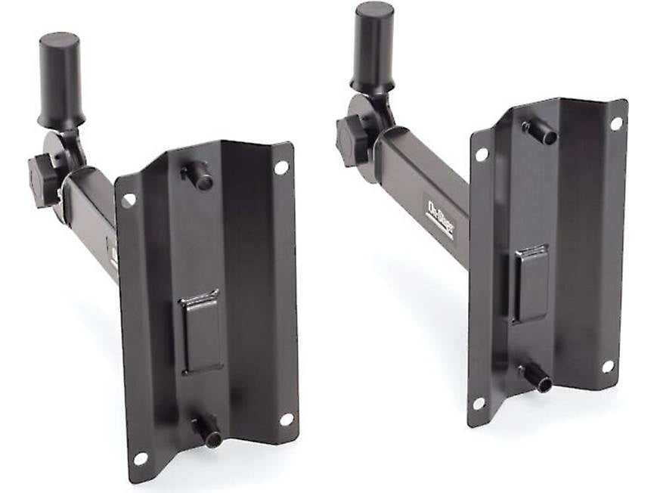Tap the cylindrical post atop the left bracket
(x=60, y=79)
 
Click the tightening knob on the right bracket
(x=352, y=141)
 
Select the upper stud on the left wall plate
(x=198, y=175)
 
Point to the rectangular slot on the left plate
(x=200, y=332)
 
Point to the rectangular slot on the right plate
(x=531, y=282)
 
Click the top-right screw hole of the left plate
(x=281, y=167)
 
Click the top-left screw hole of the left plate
(x=129, y=200)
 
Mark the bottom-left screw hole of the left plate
(x=140, y=458)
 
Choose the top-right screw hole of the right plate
(x=616, y=122)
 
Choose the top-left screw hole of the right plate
(x=482, y=154)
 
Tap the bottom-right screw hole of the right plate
(x=607, y=367)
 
